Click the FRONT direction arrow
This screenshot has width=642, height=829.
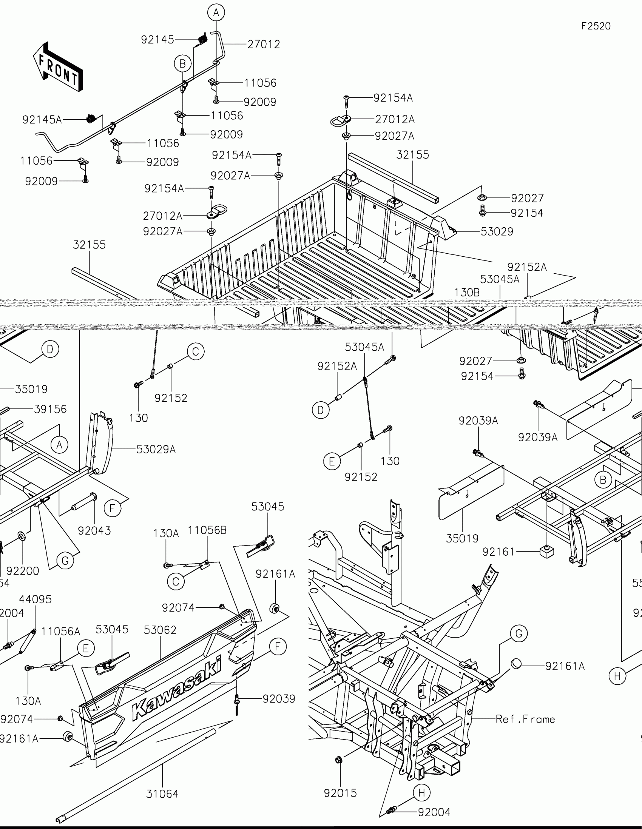pos(58,67)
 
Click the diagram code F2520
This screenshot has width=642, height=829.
pos(596,26)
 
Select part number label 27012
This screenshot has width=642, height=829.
pos(264,45)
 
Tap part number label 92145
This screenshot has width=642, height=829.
pos(157,40)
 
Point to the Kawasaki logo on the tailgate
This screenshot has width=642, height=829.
pos(177,688)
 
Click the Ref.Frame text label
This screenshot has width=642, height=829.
pos(525,719)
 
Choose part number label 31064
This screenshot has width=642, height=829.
pos(162,793)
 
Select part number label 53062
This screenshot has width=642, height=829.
pos(160,630)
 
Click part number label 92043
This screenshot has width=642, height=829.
pos(94,531)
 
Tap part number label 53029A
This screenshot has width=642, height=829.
pos(156,450)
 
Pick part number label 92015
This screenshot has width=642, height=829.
pos(340,793)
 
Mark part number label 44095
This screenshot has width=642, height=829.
pos(35,599)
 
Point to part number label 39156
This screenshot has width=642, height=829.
pos(50,409)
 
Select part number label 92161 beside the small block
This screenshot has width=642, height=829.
pos(498,552)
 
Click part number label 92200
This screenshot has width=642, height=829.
pos(23,571)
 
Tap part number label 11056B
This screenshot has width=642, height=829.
pos(207,530)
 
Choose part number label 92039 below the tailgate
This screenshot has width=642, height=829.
pos(279,699)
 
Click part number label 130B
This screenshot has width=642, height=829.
pos(467,293)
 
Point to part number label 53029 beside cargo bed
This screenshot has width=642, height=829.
pos(497,231)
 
